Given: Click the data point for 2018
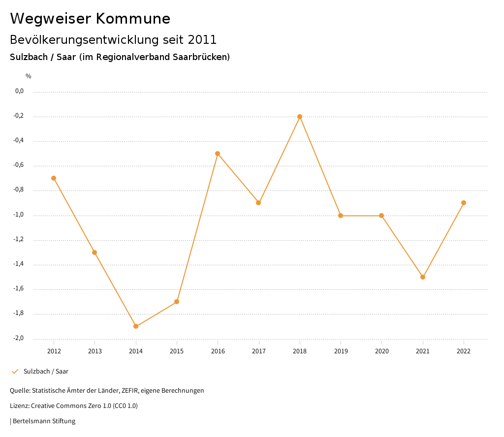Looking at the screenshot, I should pyautogui.click(x=299, y=117).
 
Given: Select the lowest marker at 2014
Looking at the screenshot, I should pyautogui.click(x=136, y=326).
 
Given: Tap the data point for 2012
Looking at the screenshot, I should pyautogui.click(x=54, y=178).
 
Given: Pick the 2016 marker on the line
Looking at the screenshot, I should pyautogui.click(x=218, y=154).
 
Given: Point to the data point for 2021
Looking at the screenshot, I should pyautogui.click(x=423, y=277).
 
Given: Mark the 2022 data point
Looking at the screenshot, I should pyautogui.click(x=464, y=203).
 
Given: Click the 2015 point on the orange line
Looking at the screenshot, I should pyautogui.click(x=177, y=302).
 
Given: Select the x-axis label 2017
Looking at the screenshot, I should pyautogui.click(x=259, y=351).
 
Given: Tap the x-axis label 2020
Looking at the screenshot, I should pyautogui.click(x=382, y=351).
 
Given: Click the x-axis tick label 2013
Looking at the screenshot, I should pyautogui.click(x=95, y=351).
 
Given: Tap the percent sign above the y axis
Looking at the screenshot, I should pyautogui.click(x=29, y=76).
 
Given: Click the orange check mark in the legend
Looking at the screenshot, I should pyautogui.click(x=15, y=372).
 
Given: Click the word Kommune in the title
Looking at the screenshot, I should pyautogui.click(x=133, y=19).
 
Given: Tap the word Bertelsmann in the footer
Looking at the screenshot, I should pyautogui.click(x=31, y=421).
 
